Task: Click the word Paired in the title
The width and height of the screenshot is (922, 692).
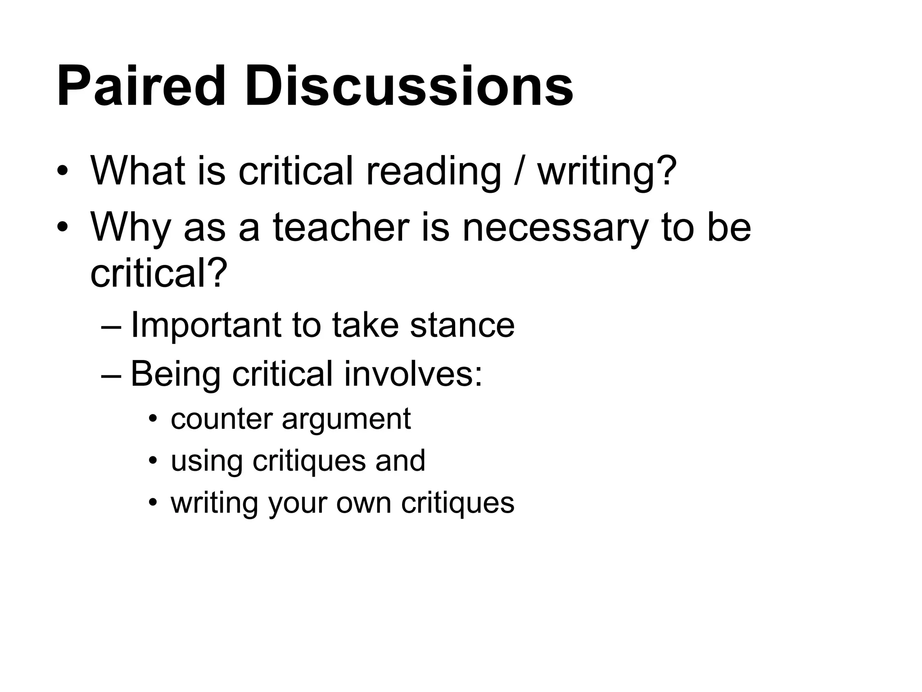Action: tap(140, 86)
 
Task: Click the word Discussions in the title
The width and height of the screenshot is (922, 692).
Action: tap(409, 86)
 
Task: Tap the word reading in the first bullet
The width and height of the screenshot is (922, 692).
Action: tap(433, 171)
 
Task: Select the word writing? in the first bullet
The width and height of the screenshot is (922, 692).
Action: tap(607, 171)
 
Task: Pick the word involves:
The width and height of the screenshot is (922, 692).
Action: tap(413, 374)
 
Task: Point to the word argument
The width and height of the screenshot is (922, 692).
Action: tap(346, 419)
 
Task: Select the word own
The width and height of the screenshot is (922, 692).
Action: tap(364, 503)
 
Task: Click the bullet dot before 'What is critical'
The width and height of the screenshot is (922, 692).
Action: tap(63, 172)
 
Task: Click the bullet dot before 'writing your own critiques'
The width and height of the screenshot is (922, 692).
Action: tap(154, 503)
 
